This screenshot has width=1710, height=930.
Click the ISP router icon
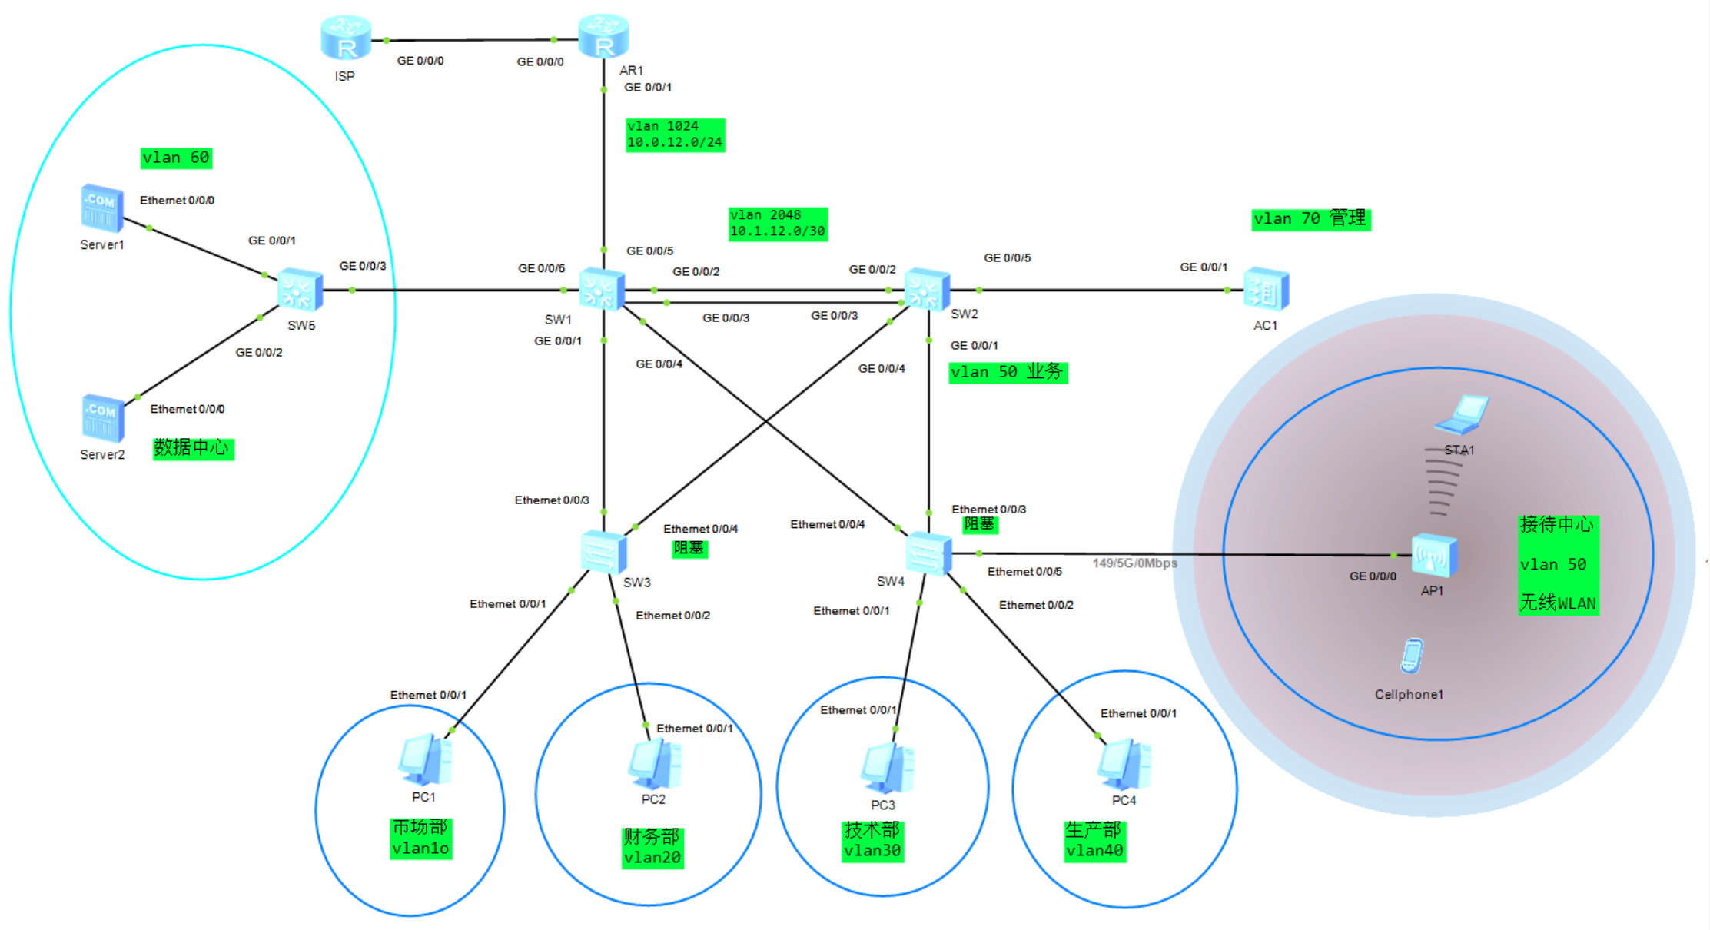[x=346, y=38]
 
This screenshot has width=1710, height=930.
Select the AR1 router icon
[x=603, y=37]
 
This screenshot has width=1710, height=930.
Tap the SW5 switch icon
[x=300, y=291]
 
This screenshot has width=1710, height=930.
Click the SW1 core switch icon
[x=602, y=289]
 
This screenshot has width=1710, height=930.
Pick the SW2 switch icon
[x=928, y=290]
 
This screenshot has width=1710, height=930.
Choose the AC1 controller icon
[x=1267, y=290]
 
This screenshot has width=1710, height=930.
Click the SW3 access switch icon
[x=604, y=551]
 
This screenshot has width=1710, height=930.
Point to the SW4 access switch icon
[x=928, y=553]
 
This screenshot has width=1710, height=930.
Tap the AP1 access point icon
[x=1434, y=555]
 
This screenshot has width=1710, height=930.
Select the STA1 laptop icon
[x=1462, y=414]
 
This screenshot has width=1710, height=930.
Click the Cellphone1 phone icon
[x=1411, y=656]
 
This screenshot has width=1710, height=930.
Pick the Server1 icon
[x=102, y=208]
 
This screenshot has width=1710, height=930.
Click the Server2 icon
[x=103, y=418]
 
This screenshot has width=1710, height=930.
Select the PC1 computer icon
[x=425, y=760]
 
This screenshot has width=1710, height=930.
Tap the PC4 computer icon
[x=1124, y=764]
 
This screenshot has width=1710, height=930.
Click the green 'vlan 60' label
[x=176, y=158]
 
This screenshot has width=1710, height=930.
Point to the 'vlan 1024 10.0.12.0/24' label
[x=675, y=135]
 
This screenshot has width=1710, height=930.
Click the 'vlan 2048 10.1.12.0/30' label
[x=778, y=224]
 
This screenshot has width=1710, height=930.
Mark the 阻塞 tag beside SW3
[x=689, y=548]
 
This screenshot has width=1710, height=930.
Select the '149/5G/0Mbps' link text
[x=1134, y=563]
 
